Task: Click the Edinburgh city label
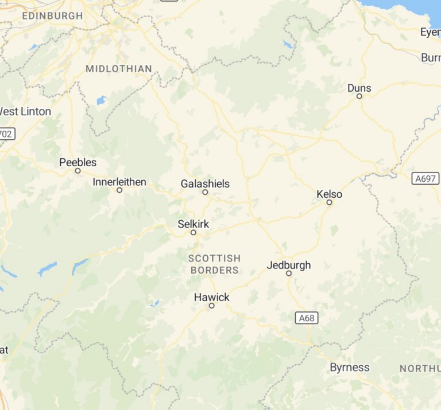tap(52, 15)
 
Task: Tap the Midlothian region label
tap(119, 69)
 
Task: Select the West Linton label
tap(25, 111)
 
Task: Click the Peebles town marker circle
tap(78, 171)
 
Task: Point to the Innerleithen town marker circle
tap(119, 190)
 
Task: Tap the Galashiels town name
tap(205, 183)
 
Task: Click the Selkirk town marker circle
tap(194, 232)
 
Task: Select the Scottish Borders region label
tap(214, 264)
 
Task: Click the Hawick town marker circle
tap(211, 306)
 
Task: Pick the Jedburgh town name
tap(288, 265)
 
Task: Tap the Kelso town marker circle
tap(330, 202)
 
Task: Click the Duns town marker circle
tap(359, 96)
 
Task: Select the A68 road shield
tap(307, 317)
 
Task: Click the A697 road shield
tap(425, 179)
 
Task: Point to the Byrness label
tap(349, 368)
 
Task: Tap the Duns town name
tap(359, 88)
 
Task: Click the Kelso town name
tap(329, 194)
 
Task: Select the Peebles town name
tap(78, 162)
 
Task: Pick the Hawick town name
tap(211, 297)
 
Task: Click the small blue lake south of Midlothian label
tap(101, 100)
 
